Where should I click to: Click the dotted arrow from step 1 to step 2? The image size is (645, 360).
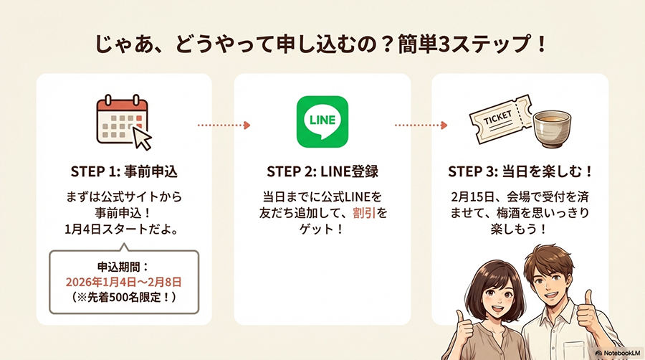coord(223,125)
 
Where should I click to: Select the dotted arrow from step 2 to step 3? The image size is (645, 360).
coord(421,125)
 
